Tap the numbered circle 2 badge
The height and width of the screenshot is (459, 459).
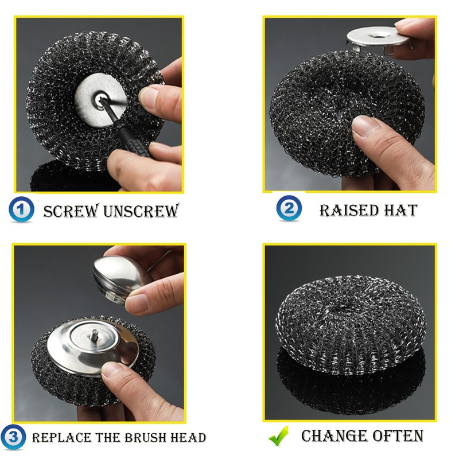[289, 208]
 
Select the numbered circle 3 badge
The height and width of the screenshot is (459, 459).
[15, 438]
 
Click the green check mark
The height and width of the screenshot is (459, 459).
[279, 437]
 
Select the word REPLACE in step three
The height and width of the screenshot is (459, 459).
[57, 438]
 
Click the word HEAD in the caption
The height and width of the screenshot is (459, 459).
[186, 438]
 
